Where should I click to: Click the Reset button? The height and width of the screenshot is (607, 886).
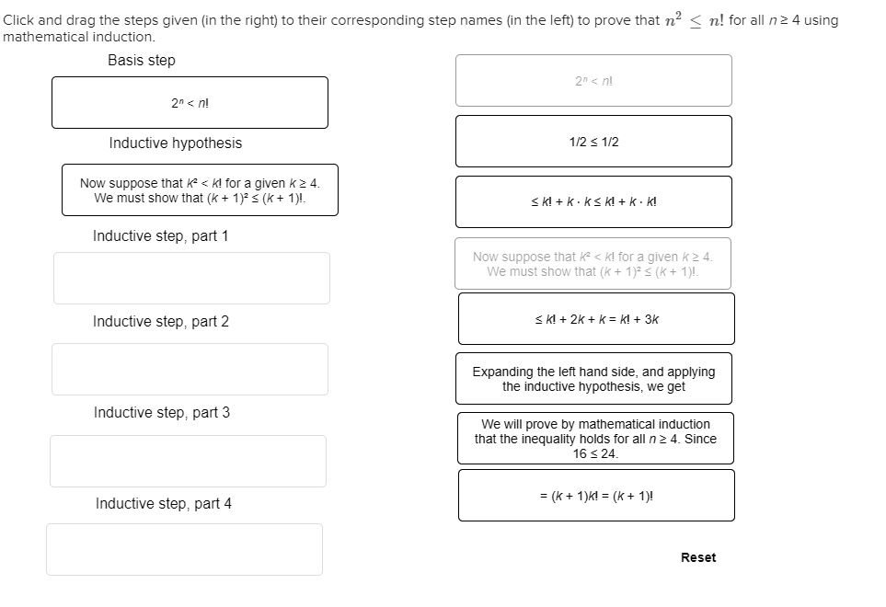coord(697,557)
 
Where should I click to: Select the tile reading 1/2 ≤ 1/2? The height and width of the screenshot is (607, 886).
coord(593,142)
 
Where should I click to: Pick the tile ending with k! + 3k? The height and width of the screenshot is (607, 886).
coord(596,319)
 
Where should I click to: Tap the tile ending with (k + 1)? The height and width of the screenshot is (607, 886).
coord(595,496)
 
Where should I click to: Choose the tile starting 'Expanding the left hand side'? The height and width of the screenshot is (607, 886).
coord(593,379)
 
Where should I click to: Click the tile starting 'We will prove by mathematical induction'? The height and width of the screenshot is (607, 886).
coord(595,439)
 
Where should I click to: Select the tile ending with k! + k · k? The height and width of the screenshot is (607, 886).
coord(593,202)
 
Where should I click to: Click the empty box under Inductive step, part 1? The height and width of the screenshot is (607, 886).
coord(191,278)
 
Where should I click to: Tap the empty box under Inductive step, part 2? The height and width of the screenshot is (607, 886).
coord(190,369)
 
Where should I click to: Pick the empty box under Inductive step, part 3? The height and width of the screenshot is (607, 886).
coord(188,461)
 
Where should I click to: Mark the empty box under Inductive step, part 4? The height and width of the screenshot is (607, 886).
coord(184,549)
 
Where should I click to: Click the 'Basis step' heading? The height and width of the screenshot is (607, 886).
coord(141,61)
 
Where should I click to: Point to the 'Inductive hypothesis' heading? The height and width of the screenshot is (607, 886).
coord(175,143)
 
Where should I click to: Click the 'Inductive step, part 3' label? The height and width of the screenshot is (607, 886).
coord(161,413)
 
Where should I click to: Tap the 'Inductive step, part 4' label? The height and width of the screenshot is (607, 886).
coord(163,504)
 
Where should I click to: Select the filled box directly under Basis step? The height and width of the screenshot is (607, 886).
coord(190,103)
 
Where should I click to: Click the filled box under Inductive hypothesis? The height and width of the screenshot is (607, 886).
coord(200,190)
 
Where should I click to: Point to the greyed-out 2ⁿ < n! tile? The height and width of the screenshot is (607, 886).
coord(593,81)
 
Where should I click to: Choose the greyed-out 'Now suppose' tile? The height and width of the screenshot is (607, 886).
coord(593,264)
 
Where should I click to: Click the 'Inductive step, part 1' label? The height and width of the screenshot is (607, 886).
coord(160,236)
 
